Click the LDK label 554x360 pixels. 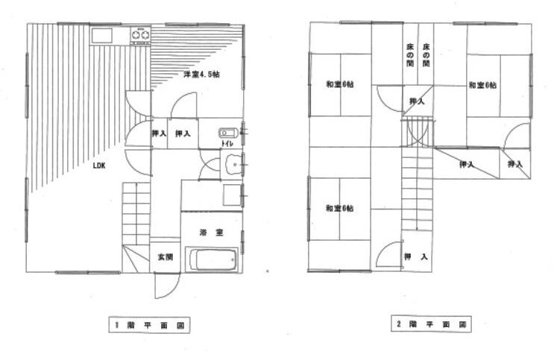point(98,166)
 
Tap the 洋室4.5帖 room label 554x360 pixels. point(201,75)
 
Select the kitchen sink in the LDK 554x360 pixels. point(102,34)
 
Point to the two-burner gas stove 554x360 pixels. point(139,34)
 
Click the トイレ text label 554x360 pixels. point(224,142)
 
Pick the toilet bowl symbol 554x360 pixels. point(227,133)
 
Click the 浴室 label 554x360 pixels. point(210,233)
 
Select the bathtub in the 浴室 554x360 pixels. point(213,263)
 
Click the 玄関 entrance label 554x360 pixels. point(166,257)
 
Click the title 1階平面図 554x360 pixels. point(149,325)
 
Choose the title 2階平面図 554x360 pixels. point(429,325)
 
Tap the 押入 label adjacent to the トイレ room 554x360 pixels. point(183,134)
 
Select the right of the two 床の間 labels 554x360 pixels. point(426,55)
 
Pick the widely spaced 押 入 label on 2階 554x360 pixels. point(415,257)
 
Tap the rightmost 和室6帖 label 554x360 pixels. point(482,85)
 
